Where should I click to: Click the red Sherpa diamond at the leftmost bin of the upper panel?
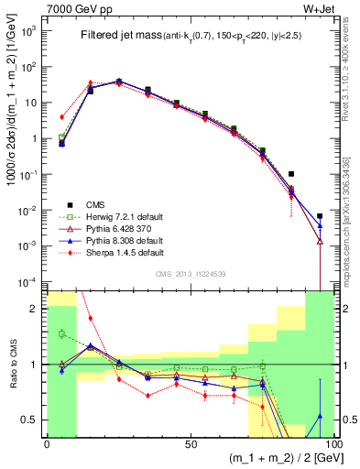(x=61, y=117)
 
